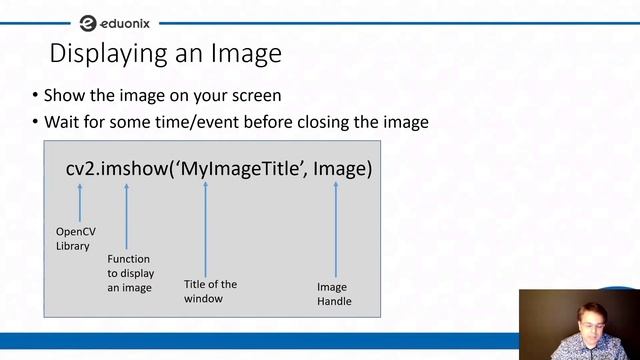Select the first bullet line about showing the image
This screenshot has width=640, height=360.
click(162, 96)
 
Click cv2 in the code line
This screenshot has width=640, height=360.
click(81, 169)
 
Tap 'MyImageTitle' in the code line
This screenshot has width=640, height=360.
click(240, 169)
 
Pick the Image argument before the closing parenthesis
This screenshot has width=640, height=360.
click(338, 169)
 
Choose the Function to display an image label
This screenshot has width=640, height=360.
click(129, 273)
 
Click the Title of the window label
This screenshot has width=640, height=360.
click(210, 291)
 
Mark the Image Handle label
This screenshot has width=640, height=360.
click(334, 294)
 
